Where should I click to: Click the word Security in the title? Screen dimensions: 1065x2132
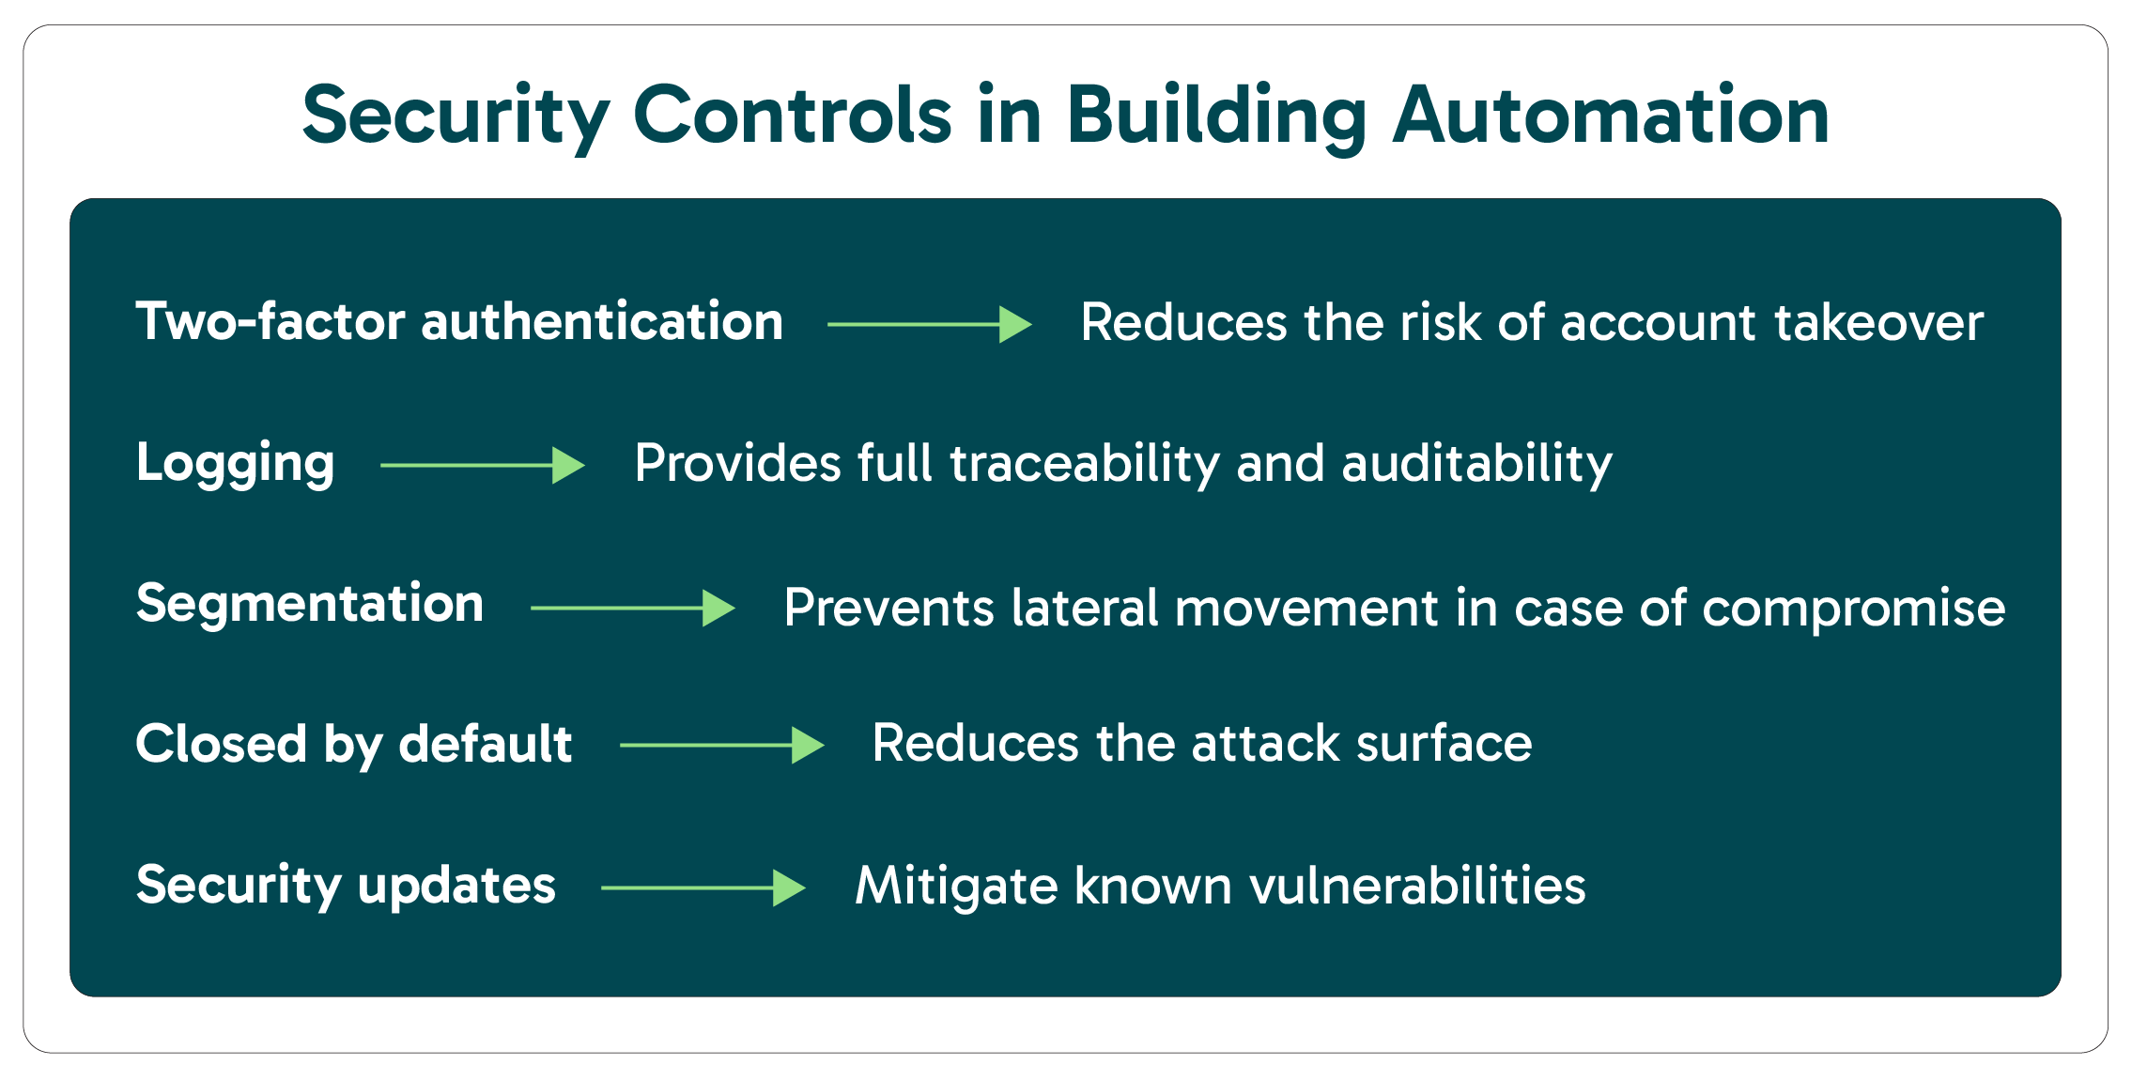(456, 116)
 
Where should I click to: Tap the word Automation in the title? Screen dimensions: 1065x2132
(1610, 116)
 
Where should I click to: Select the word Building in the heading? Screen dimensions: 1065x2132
(1215, 116)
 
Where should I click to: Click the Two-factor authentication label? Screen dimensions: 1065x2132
(459, 322)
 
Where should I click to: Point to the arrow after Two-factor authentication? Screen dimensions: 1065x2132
(930, 324)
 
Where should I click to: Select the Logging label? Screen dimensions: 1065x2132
(235, 463)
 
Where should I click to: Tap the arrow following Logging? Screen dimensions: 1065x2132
(483, 465)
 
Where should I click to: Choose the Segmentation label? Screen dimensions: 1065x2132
(310, 604)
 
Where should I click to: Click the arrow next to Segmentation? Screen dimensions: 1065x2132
(633, 608)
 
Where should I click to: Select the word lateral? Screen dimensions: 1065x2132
(1085, 608)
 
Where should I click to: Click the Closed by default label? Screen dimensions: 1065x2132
(354, 745)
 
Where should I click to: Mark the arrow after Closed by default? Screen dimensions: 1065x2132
(722, 745)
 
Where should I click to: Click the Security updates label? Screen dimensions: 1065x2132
(346, 886)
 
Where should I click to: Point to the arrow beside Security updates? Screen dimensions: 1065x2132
(703, 887)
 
